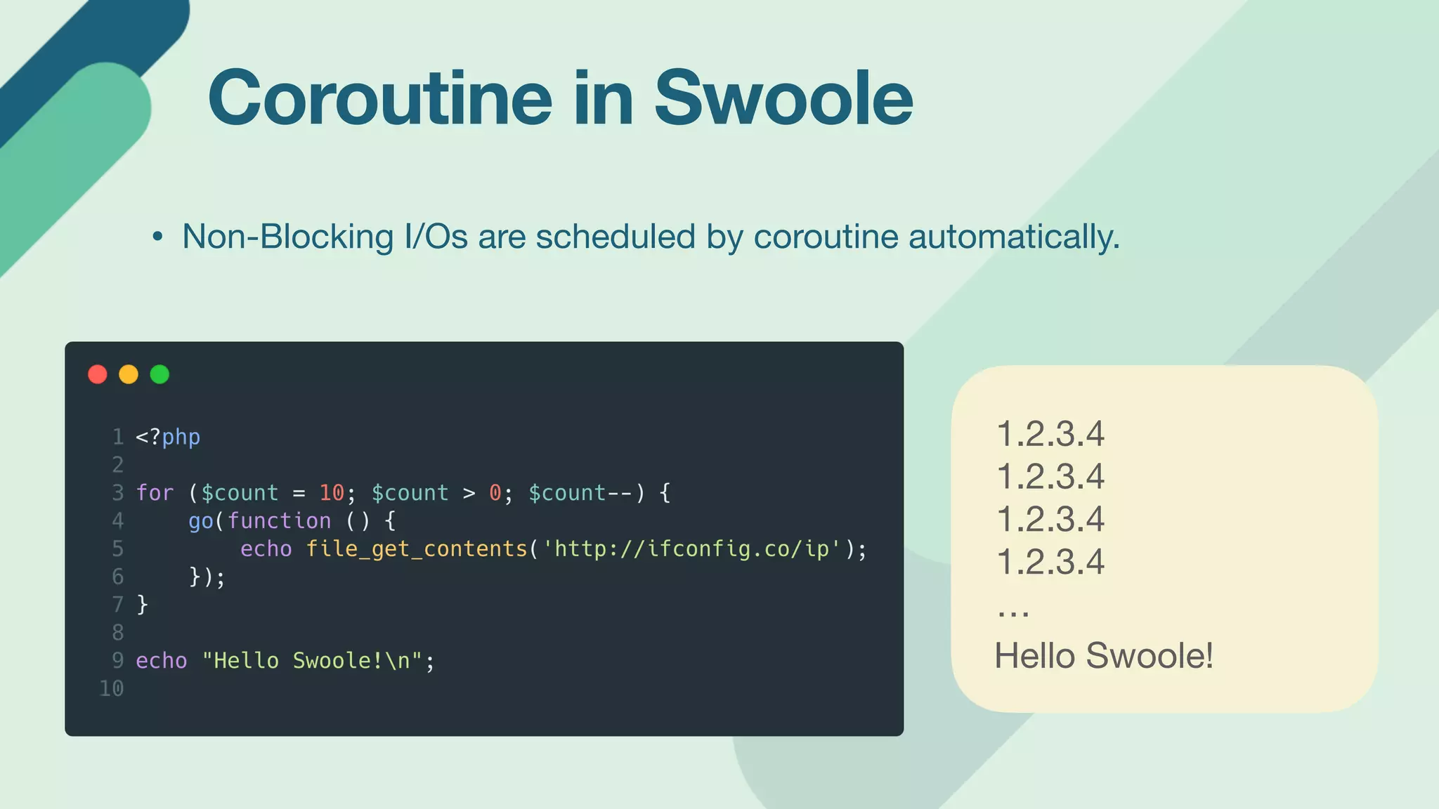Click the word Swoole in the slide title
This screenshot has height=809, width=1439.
point(783,98)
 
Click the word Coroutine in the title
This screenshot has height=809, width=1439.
point(380,98)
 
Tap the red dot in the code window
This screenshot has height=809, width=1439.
point(98,374)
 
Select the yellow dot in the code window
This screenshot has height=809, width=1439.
point(129,374)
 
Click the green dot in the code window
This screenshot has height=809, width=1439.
point(159,374)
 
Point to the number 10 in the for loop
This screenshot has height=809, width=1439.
point(332,493)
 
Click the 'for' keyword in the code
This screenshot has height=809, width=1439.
point(155,493)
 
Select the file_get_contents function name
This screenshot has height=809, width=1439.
point(416,548)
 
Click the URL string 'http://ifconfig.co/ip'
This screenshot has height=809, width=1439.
point(691,548)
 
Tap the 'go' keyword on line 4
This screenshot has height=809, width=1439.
point(200,520)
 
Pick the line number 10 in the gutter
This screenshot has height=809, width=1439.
point(112,688)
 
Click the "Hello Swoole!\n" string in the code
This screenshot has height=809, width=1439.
point(312,661)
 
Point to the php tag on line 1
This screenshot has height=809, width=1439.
point(181,437)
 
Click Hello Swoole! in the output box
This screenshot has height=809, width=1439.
point(1103,656)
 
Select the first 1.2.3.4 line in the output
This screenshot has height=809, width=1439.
point(1050,434)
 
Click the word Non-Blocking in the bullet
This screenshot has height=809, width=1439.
point(287,237)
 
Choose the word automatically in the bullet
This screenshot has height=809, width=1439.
point(1013,237)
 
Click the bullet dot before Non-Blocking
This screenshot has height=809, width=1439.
point(157,237)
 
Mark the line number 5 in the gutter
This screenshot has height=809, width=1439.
point(117,548)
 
